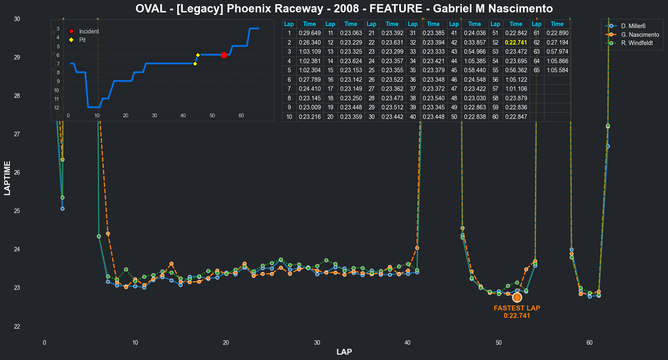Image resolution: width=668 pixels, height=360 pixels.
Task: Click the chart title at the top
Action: (344, 8)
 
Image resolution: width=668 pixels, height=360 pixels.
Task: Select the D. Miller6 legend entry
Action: (633, 26)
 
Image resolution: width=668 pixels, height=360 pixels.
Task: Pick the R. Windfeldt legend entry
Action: (637, 43)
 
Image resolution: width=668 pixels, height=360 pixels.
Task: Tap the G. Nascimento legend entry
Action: (640, 35)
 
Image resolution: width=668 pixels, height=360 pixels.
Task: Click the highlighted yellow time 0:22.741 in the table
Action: (516, 43)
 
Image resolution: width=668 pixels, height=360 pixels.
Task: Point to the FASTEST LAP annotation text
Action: (517, 308)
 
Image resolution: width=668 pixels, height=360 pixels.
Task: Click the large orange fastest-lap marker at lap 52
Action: (517, 297)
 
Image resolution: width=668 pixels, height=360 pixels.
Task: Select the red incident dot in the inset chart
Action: (224, 55)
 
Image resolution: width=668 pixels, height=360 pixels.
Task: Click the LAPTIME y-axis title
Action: (7, 178)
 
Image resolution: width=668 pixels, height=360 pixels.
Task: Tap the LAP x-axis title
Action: (344, 352)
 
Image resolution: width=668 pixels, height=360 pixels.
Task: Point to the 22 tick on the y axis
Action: (17, 327)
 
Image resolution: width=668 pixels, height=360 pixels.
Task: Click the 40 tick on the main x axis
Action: (407, 343)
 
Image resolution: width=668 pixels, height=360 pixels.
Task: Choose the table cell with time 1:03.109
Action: (310, 52)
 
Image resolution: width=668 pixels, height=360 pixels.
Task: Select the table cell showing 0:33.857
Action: (475, 43)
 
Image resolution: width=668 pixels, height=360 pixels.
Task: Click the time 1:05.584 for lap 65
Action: (557, 70)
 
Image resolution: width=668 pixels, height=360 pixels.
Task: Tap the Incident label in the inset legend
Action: (89, 31)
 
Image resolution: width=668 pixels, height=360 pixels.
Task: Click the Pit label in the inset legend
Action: (83, 40)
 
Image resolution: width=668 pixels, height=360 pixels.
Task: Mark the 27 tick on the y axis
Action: (17, 134)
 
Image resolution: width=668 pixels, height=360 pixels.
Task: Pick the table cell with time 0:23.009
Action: (310, 107)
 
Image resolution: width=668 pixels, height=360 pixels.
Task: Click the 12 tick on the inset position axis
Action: (57, 108)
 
